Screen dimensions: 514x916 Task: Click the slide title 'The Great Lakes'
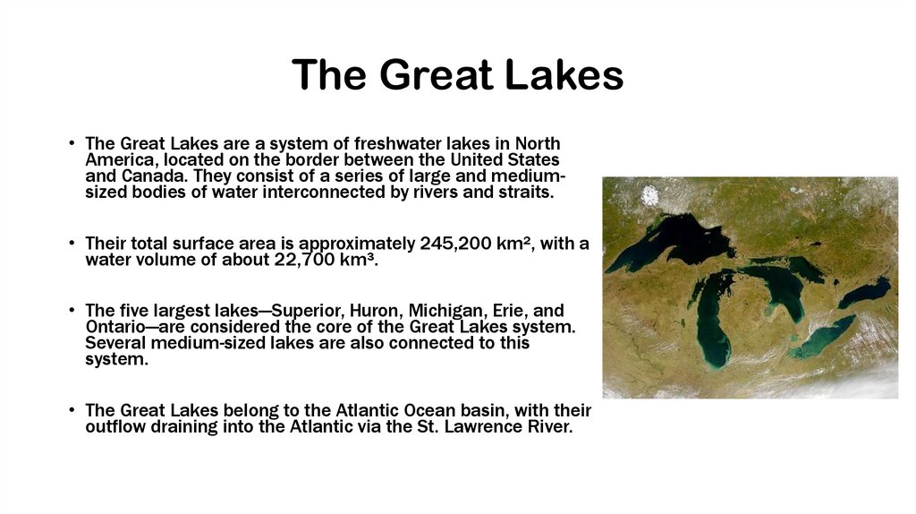[457, 74]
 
